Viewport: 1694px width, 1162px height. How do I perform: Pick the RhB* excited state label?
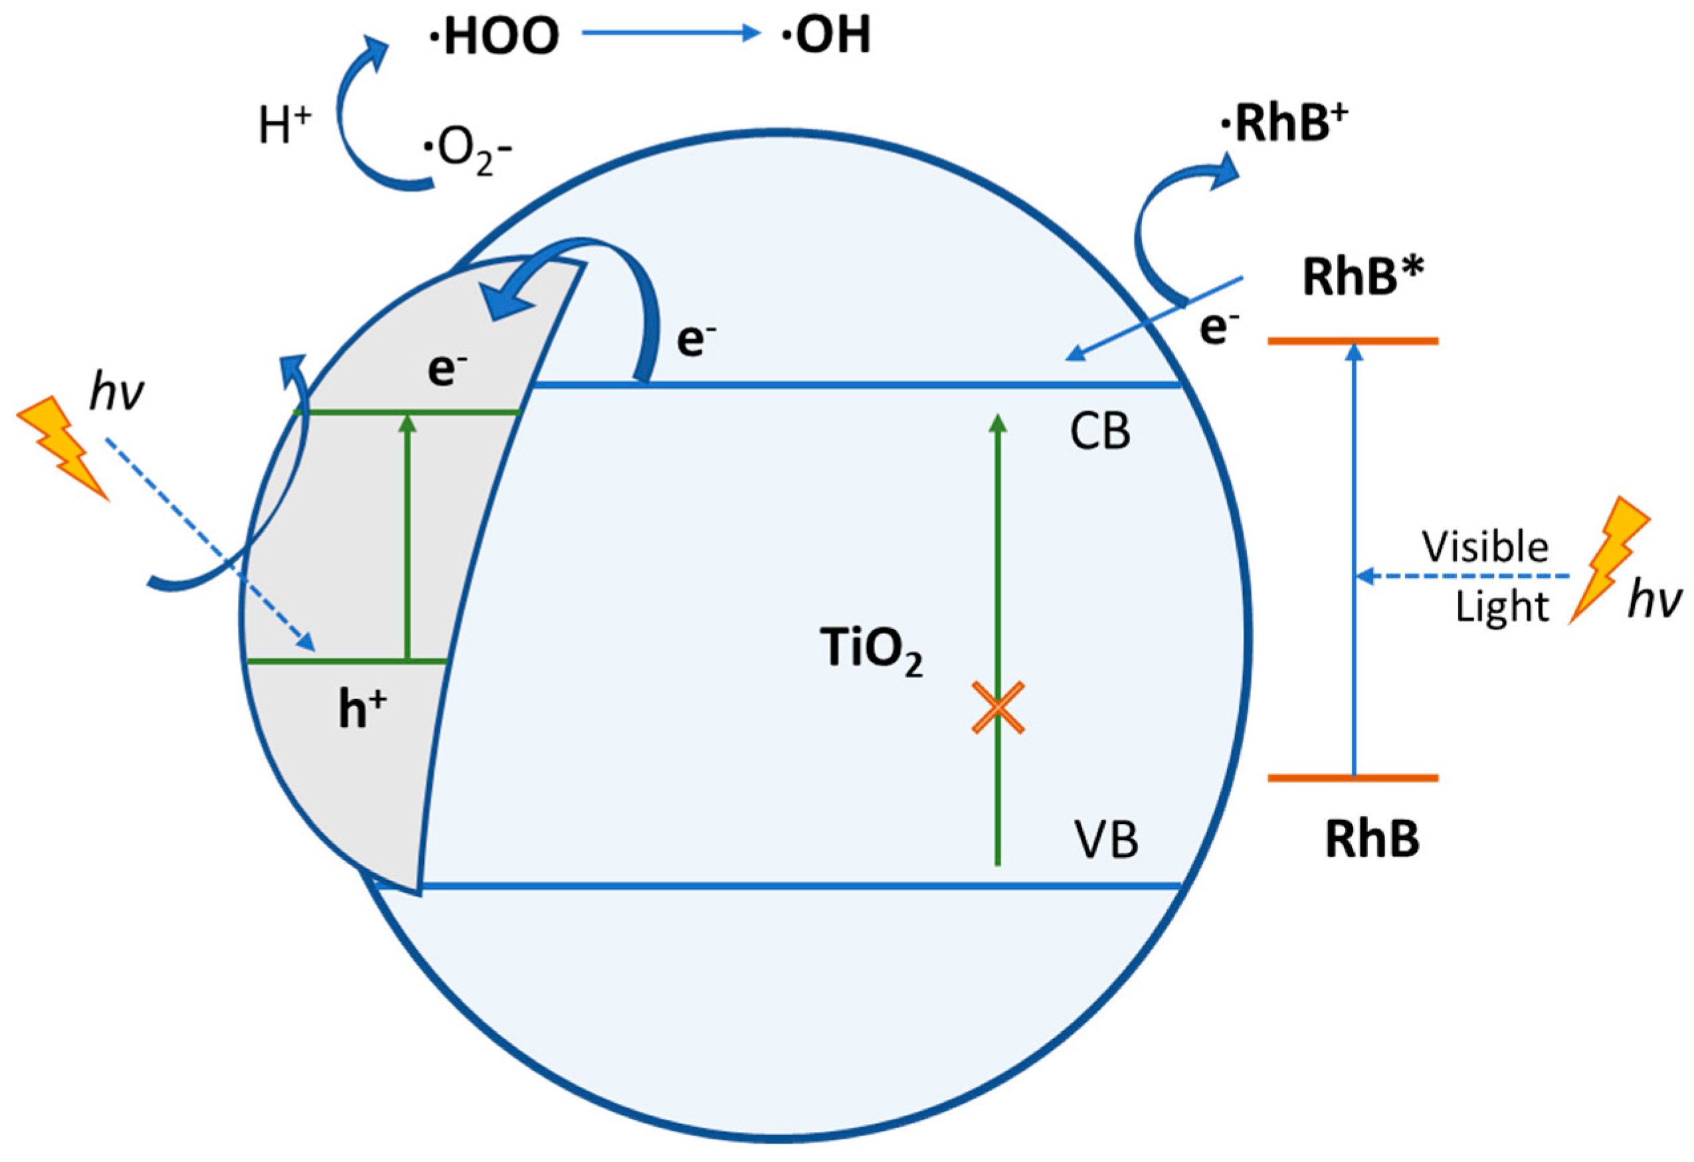pos(1363,278)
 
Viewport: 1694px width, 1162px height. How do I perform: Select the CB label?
pos(1100,432)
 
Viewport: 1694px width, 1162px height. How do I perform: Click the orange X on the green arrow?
pos(998,707)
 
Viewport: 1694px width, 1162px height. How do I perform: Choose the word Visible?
pos(1485,547)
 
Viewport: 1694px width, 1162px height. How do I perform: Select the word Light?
pos(1501,606)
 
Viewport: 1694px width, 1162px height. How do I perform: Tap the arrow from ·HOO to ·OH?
pos(670,33)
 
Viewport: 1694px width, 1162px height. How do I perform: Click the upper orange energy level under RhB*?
pos(1353,341)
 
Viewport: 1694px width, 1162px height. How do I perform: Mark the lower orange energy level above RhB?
pos(1353,778)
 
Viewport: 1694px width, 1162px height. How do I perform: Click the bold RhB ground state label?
pos(1372,840)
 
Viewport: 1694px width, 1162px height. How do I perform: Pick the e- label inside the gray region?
pos(447,370)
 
